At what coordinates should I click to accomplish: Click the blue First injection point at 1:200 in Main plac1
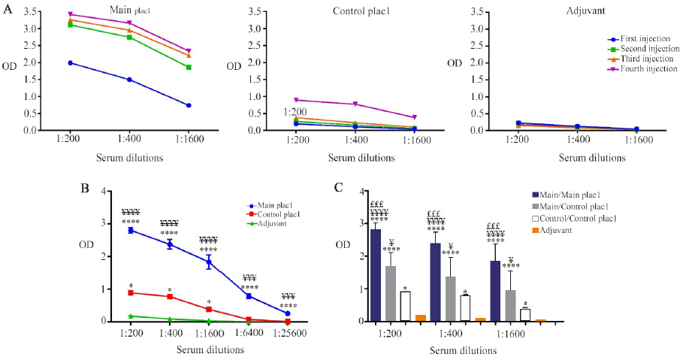coord(70,62)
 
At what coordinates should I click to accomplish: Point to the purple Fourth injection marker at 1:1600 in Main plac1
coord(189,51)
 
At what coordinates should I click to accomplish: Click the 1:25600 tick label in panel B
coord(287,331)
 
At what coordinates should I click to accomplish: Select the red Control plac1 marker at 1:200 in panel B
coord(131,292)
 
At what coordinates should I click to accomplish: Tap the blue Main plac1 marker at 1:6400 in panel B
coord(248,296)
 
